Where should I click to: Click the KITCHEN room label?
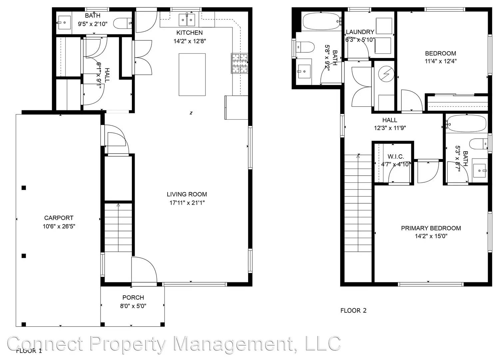[189, 33]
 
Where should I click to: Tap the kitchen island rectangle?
[192, 75]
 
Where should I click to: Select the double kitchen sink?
[187, 20]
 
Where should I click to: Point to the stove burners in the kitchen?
[240, 63]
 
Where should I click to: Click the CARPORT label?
[59, 218]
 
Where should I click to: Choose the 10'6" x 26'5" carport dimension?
[59, 227]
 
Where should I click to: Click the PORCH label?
[133, 298]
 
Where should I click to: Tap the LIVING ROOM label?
[187, 194]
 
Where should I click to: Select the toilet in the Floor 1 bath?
[122, 23]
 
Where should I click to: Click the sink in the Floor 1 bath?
[64, 23]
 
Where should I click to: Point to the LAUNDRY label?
[360, 32]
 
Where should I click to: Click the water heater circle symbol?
[386, 74]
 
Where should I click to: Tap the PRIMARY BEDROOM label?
[431, 228]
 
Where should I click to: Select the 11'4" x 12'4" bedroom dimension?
[440, 61]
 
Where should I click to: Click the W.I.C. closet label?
[395, 157]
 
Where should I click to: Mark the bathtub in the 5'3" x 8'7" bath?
[466, 124]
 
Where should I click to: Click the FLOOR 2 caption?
[353, 311]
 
